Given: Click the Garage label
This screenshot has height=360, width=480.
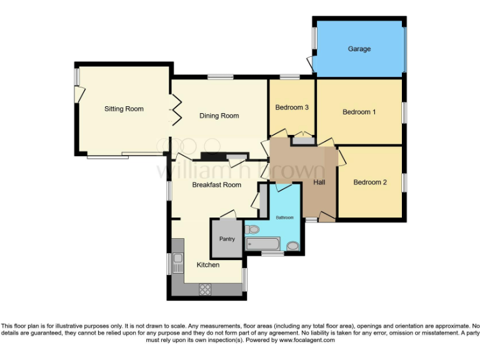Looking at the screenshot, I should (359, 49).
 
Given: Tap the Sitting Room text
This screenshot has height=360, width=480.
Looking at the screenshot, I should (124, 109).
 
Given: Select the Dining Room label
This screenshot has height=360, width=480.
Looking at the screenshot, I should (219, 116).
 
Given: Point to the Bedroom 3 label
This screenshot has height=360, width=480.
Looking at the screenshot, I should (292, 107).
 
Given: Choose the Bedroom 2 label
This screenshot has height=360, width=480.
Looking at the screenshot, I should (370, 182).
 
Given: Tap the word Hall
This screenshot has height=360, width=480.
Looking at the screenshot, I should (319, 182).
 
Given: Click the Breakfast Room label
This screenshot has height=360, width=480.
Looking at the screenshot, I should (216, 185).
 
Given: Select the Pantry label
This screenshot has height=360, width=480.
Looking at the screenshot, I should (227, 239).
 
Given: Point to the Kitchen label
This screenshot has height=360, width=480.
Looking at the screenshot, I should (208, 265).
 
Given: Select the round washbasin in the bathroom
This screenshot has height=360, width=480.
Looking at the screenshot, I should (292, 246).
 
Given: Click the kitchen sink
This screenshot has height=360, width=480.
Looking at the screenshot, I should (177, 259).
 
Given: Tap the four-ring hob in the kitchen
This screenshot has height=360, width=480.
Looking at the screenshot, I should (204, 289).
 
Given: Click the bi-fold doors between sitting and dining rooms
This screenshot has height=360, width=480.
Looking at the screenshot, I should (176, 109).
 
